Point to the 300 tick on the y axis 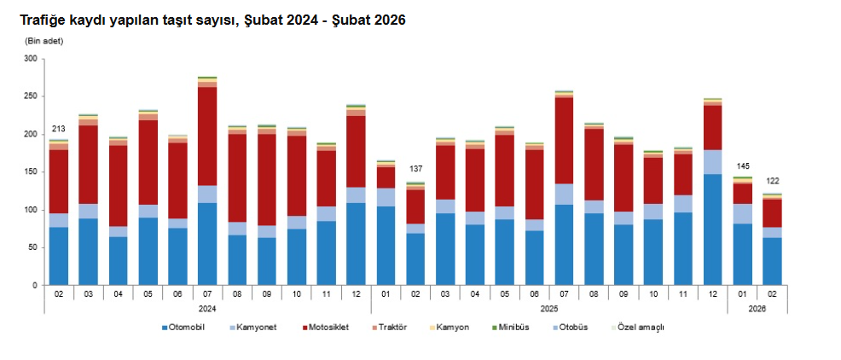coord(32,59)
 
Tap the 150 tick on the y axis coord(32,172)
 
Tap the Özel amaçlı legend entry coord(640,328)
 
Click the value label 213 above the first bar coord(59,129)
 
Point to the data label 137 coord(415,169)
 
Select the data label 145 coord(742,165)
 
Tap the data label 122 coord(772,181)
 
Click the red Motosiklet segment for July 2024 coord(207,136)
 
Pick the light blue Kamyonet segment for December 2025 coord(712,162)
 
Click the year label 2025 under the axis coord(548,309)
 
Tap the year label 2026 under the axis coord(757,309)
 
